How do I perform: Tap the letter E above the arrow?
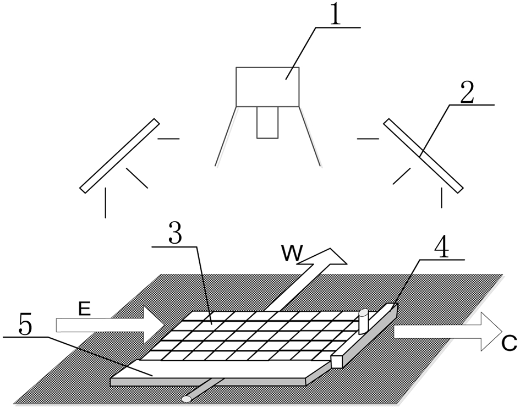[x=84, y=310]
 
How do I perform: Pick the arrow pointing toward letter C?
[x=446, y=331]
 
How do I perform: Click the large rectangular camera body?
[x=267, y=86]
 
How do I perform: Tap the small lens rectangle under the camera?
[x=267, y=122]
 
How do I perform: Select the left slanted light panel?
[x=119, y=156]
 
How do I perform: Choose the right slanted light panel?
[x=423, y=156]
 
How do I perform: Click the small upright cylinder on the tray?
[x=363, y=321]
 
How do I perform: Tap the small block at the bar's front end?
[x=337, y=361]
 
